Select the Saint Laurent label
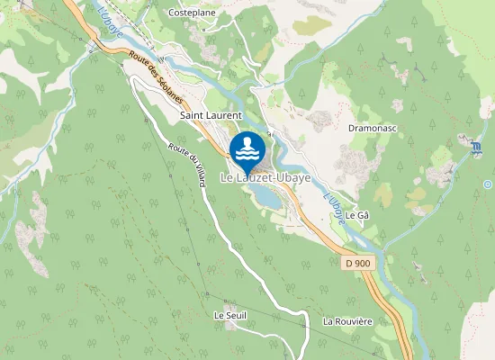pos(211,115)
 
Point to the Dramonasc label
pos(367,128)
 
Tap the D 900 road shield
pos(357,263)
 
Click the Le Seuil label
pos(229,316)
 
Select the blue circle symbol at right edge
pos(488,184)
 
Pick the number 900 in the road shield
pos(362,263)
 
